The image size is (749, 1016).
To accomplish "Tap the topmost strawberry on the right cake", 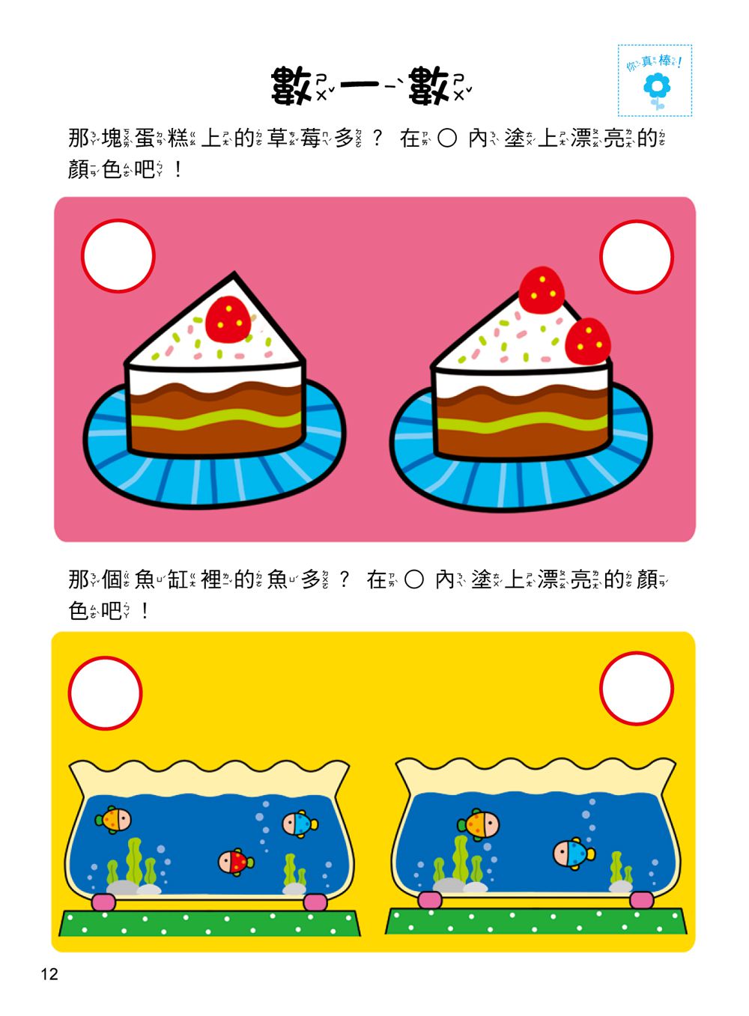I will (x=542, y=290).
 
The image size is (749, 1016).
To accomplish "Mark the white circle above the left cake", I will (x=118, y=255).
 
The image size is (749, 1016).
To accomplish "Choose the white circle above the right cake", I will (x=637, y=255).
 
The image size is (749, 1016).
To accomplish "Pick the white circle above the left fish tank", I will (x=105, y=692).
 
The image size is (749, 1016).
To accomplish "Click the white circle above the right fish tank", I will (x=637, y=688).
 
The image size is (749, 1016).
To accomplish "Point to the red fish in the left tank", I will (x=235, y=861).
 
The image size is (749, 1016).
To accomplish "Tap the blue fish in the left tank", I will (x=300, y=824).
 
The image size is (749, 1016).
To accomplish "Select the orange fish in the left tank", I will (x=114, y=819).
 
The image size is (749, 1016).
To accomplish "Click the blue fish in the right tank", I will (x=573, y=853).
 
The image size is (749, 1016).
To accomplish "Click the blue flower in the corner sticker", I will (x=657, y=87).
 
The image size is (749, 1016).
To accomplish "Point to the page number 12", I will (x=49, y=974).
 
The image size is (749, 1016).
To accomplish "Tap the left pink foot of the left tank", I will (x=103, y=901).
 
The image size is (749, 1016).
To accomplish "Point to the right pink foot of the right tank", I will (x=640, y=899).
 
